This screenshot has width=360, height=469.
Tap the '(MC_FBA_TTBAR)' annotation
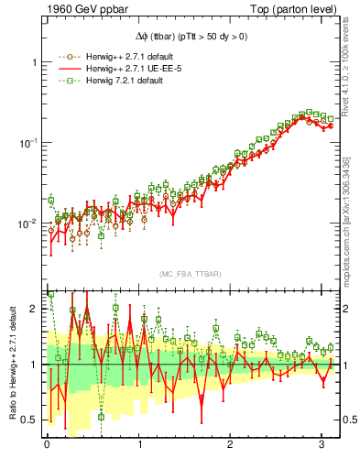tap(190, 275)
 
